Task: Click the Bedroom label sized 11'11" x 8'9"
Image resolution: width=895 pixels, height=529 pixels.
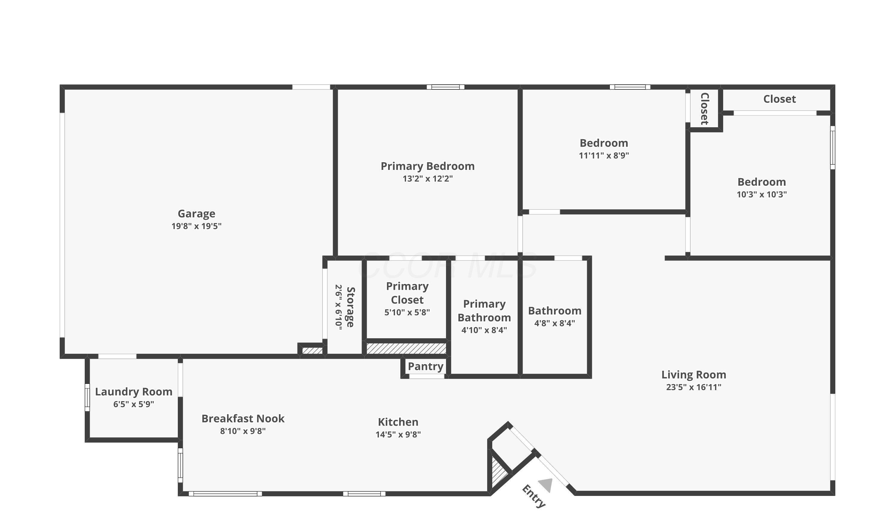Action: (x=604, y=143)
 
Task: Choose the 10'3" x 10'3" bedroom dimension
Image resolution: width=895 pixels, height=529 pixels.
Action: (x=761, y=194)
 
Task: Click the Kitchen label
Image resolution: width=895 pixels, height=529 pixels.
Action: (x=398, y=422)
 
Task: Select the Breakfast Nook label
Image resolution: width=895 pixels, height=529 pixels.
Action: (x=243, y=418)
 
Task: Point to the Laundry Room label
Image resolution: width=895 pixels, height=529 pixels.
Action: (x=133, y=392)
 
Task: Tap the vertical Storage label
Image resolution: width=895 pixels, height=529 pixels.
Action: (x=350, y=307)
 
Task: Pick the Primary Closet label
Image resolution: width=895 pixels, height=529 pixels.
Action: (x=407, y=293)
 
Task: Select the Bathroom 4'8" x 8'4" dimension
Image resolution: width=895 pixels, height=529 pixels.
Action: (x=554, y=323)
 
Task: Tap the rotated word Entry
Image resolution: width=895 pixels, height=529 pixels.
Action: (x=534, y=496)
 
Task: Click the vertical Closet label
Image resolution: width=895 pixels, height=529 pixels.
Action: (x=704, y=109)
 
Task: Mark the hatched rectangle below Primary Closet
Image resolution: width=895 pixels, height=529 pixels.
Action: (x=406, y=348)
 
